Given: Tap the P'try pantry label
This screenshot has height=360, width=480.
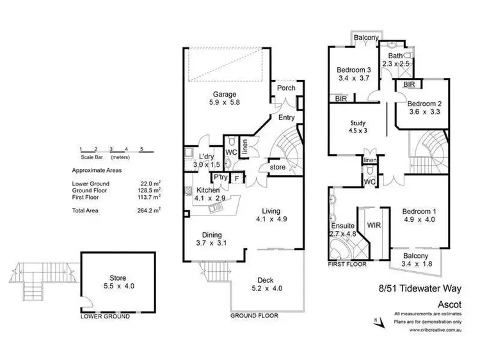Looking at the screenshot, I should coord(221,177).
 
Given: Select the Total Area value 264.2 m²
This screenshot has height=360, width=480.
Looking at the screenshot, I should coord(151,209).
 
